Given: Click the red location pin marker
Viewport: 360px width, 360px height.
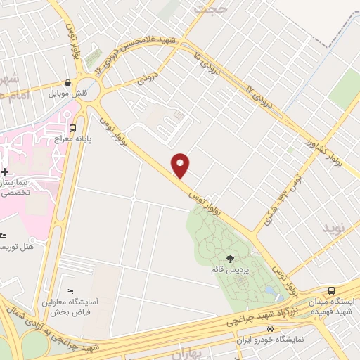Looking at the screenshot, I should tap(181, 165).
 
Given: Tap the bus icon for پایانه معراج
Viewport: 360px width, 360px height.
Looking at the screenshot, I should tap(73, 128).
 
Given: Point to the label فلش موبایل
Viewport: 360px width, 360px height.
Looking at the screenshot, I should tap(67, 93).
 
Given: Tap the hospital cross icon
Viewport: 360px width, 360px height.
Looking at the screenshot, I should tap(4, 172).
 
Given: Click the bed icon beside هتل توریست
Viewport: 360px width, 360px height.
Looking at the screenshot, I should tap(4, 236).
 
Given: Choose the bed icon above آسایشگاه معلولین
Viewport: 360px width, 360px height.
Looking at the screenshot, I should tap(69, 291).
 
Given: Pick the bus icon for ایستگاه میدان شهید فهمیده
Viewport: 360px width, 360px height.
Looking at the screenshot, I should tap(331, 290).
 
